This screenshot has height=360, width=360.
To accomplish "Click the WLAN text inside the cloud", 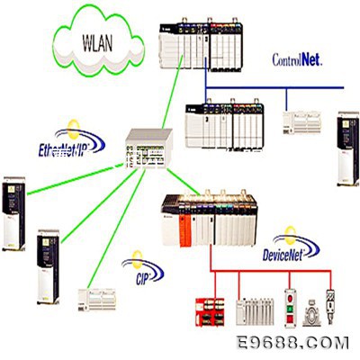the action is tap(97, 43).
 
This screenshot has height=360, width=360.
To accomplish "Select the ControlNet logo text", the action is tap(297, 59).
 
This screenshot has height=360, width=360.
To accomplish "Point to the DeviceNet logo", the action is tap(291, 244).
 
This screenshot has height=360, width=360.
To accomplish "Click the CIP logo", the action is tap(143, 268).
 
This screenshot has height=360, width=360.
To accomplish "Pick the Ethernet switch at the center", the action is tap(149, 148).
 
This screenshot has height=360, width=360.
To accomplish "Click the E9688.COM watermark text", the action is tap(292, 343).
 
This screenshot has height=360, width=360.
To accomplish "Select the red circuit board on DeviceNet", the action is tap(210, 312).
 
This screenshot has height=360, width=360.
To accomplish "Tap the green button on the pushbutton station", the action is tap(290, 309).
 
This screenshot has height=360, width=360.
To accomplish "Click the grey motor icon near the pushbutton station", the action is tap(311, 313).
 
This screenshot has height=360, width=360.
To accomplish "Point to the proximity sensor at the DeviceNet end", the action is tap(330, 306).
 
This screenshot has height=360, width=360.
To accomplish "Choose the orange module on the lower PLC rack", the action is tap(185, 229).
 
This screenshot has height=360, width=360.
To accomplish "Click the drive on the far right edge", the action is tap(348, 148).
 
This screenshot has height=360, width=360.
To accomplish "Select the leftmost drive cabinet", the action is tap(13, 213).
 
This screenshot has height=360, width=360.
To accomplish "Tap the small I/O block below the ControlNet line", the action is tap(301, 122).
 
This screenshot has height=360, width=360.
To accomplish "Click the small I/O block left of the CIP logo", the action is tap(97, 300).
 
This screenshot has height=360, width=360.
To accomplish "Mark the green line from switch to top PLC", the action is tap(172, 93).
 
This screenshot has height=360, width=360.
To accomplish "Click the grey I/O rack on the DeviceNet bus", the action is tap(255, 311).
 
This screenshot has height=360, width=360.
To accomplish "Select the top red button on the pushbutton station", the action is tap(290, 299).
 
